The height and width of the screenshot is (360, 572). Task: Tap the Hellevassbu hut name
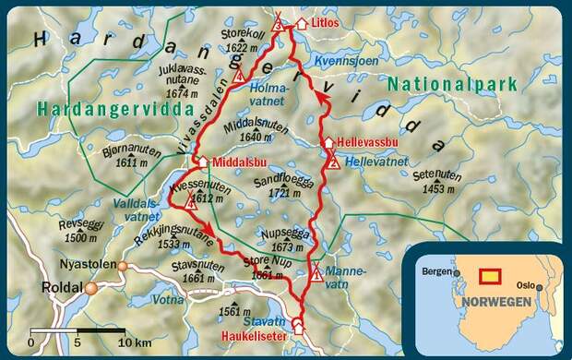click(367, 146)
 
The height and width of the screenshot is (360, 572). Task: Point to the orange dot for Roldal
click(90, 289)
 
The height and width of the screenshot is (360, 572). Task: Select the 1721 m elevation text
click(292, 196)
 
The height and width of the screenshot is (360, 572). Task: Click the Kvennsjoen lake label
click(345, 60)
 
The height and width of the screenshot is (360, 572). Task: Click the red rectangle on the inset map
click(491, 275)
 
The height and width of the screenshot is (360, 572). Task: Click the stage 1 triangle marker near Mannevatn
click(316, 272)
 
